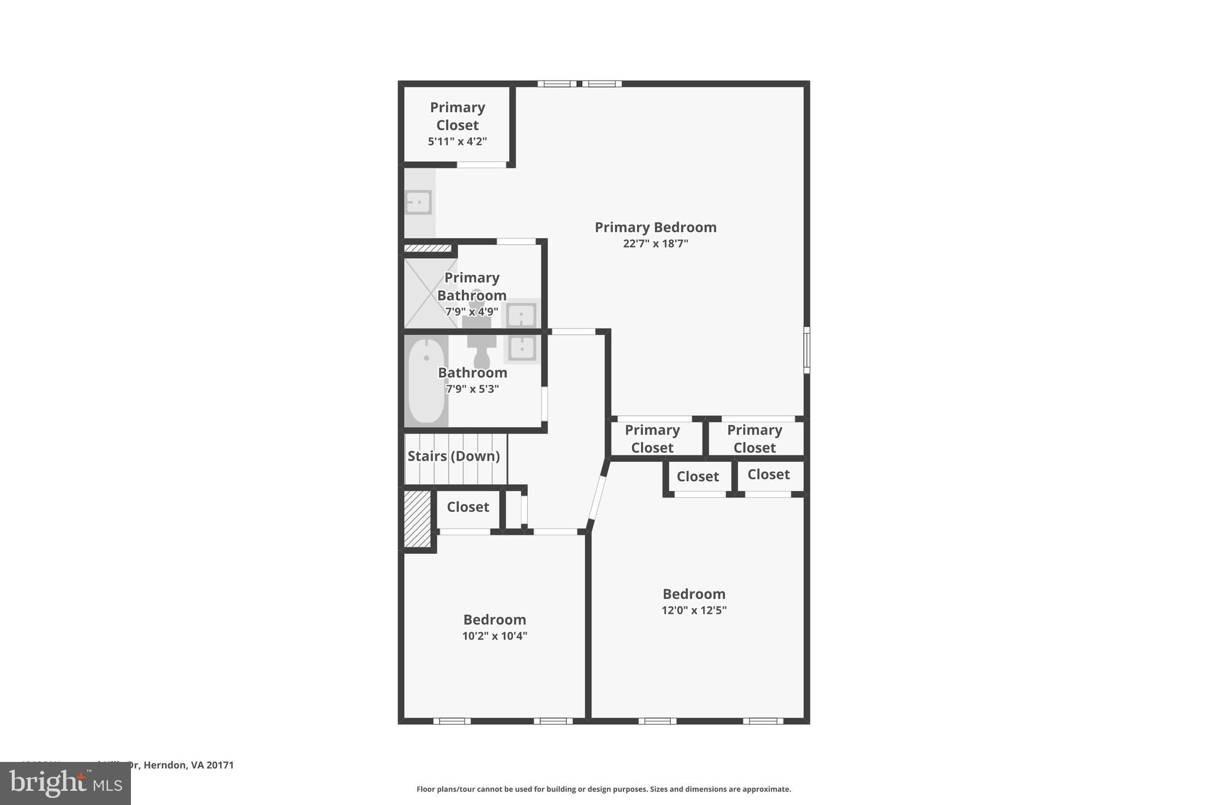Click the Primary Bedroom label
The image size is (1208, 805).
click(x=655, y=227)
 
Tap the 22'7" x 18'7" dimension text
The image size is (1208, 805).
click(x=655, y=244)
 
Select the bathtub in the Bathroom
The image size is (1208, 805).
click(x=426, y=380)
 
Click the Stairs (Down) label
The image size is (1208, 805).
click(x=454, y=456)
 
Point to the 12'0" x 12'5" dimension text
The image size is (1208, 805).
click(x=694, y=610)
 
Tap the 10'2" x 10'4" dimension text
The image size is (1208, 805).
click(x=494, y=636)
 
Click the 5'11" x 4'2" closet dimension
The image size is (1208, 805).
click(x=457, y=142)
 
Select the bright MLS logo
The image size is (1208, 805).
click(x=65, y=783)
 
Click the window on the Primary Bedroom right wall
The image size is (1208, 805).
click(x=806, y=350)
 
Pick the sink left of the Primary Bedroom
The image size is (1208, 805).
click(x=418, y=202)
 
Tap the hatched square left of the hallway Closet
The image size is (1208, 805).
click(x=418, y=518)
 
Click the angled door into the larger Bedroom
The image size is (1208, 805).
click(x=597, y=497)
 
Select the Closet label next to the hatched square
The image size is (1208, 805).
click(x=468, y=507)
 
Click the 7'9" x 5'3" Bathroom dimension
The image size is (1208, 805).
click(x=472, y=389)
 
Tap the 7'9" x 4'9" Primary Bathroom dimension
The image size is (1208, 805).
click(x=472, y=311)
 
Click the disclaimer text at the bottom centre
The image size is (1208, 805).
click(x=603, y=789)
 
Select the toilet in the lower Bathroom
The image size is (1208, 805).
click(x=482, y=353)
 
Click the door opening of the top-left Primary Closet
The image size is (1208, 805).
click(x=481, y=165)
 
